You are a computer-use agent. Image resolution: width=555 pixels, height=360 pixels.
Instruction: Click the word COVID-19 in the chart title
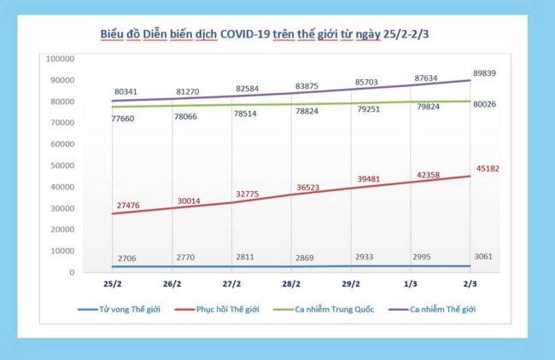click(x=244, y=34)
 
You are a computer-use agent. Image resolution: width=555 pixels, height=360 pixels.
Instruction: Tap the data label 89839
click(x=485, y=73)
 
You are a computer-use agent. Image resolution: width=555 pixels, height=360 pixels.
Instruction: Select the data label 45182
click(x=488, y=169)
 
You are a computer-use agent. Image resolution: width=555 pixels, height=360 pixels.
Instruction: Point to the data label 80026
click(x=485, y=104)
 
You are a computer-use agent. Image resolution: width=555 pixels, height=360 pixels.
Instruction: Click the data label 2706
click(x=126, y=258)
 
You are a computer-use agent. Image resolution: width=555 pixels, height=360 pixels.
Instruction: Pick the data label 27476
click(x=128, y=206)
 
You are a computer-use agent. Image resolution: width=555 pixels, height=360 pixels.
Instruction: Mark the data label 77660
click(x=123, y=119)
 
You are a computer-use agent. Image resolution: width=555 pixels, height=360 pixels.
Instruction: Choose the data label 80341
click(x=126, y=92)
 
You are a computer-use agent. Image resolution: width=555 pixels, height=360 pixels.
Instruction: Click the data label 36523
click(x=307, y=188)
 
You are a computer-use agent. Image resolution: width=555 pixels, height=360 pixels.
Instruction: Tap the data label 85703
click(x=366, y=82)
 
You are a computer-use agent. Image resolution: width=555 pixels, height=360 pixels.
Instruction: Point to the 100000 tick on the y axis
click(x=60, y=59)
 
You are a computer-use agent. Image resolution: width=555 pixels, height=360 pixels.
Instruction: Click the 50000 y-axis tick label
click(x=62, y=165)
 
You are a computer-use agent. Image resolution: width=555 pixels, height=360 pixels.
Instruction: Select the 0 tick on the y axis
click(x=73, y=272)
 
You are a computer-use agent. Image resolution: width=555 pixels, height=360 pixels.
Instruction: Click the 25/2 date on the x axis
click(x=113, y=284)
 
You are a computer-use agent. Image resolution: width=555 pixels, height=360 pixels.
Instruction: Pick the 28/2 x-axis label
click(x=291, y=284)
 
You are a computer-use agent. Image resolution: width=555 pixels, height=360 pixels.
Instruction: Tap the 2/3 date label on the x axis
click(x=470, y=284)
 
